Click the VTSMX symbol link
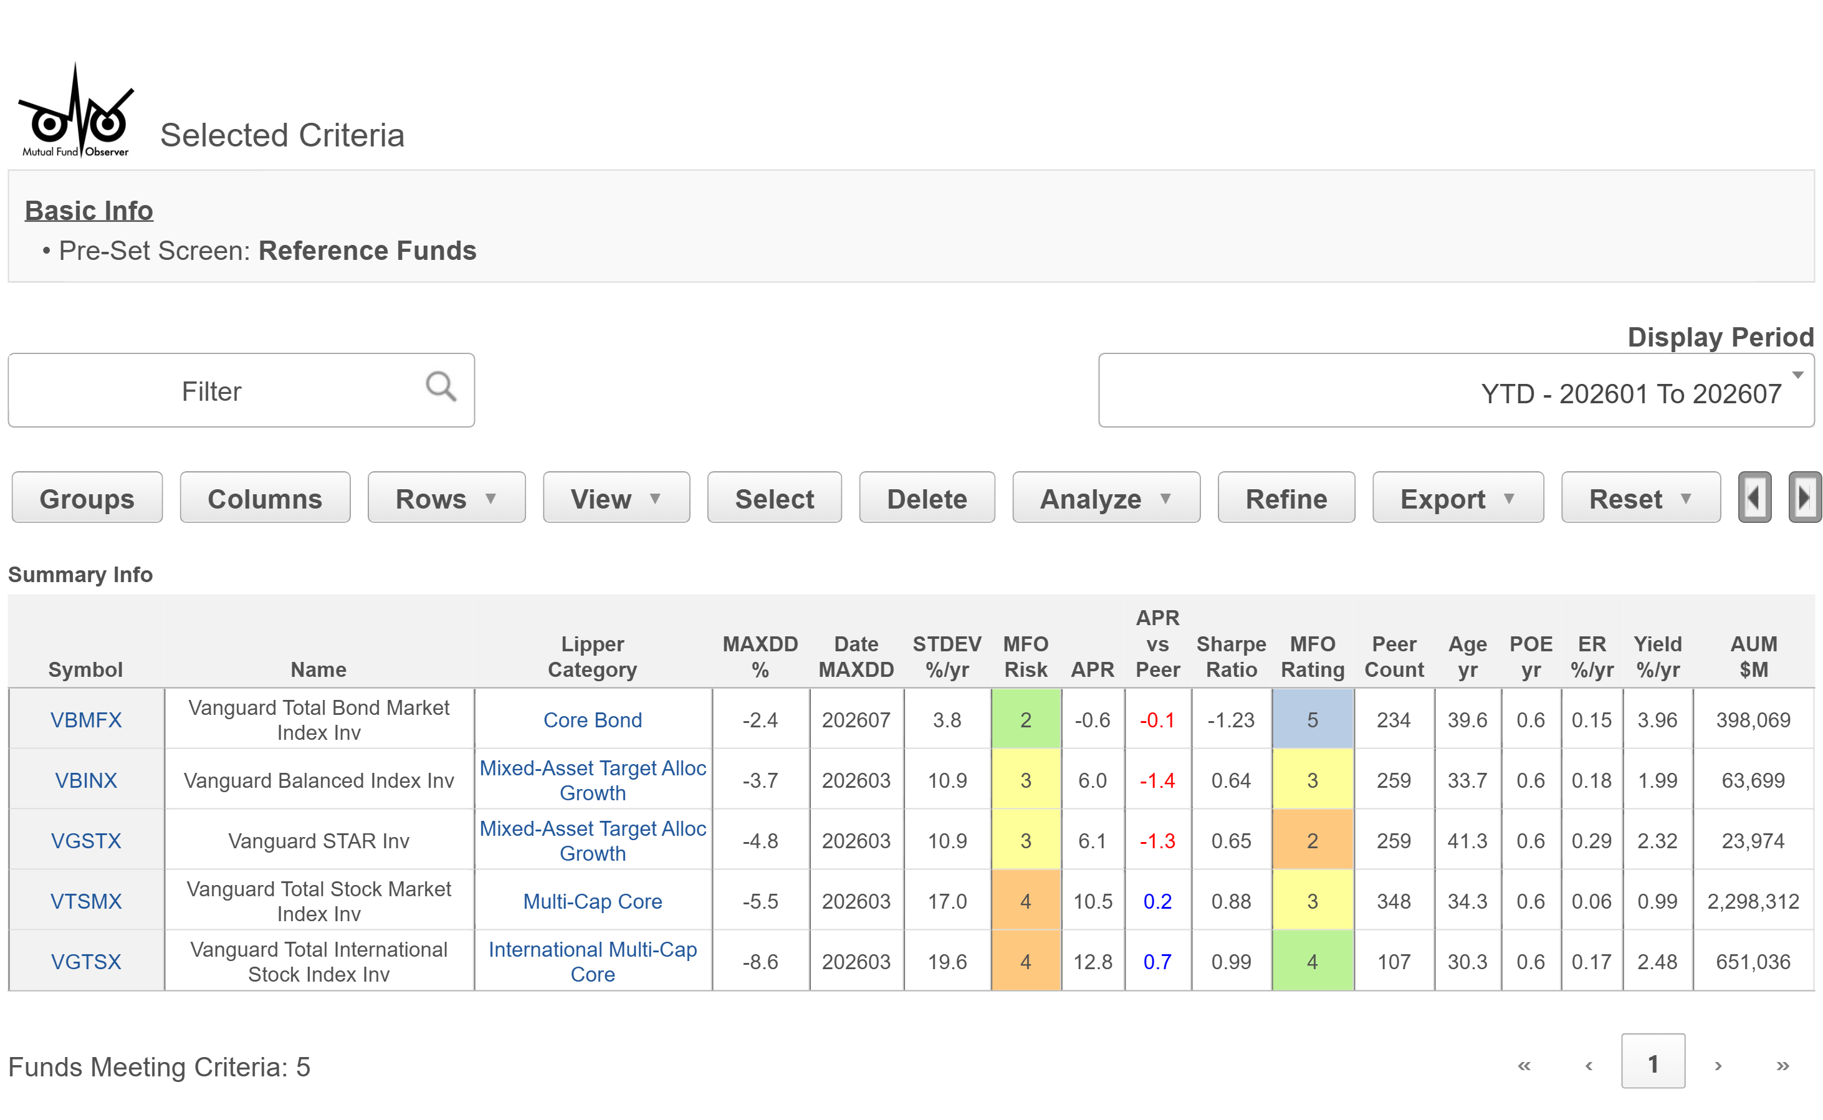pos(86,901)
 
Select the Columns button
pos(264,498)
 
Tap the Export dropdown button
pos(1457,498)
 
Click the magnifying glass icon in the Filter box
pos(441,386)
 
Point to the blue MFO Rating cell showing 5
pos(1312,719)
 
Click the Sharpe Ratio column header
pos(1230,656)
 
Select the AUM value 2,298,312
pos(1753,901)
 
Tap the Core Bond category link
pos(593,719)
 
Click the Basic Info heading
pos(89,211)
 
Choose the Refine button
pos(1286,498)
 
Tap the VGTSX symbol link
pos(86,962)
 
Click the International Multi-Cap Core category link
pos(593,962)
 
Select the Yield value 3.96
pos(1657,719)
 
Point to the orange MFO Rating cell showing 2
pos(1312,840)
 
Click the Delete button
pos(927,498)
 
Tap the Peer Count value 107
pos(1394,962)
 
